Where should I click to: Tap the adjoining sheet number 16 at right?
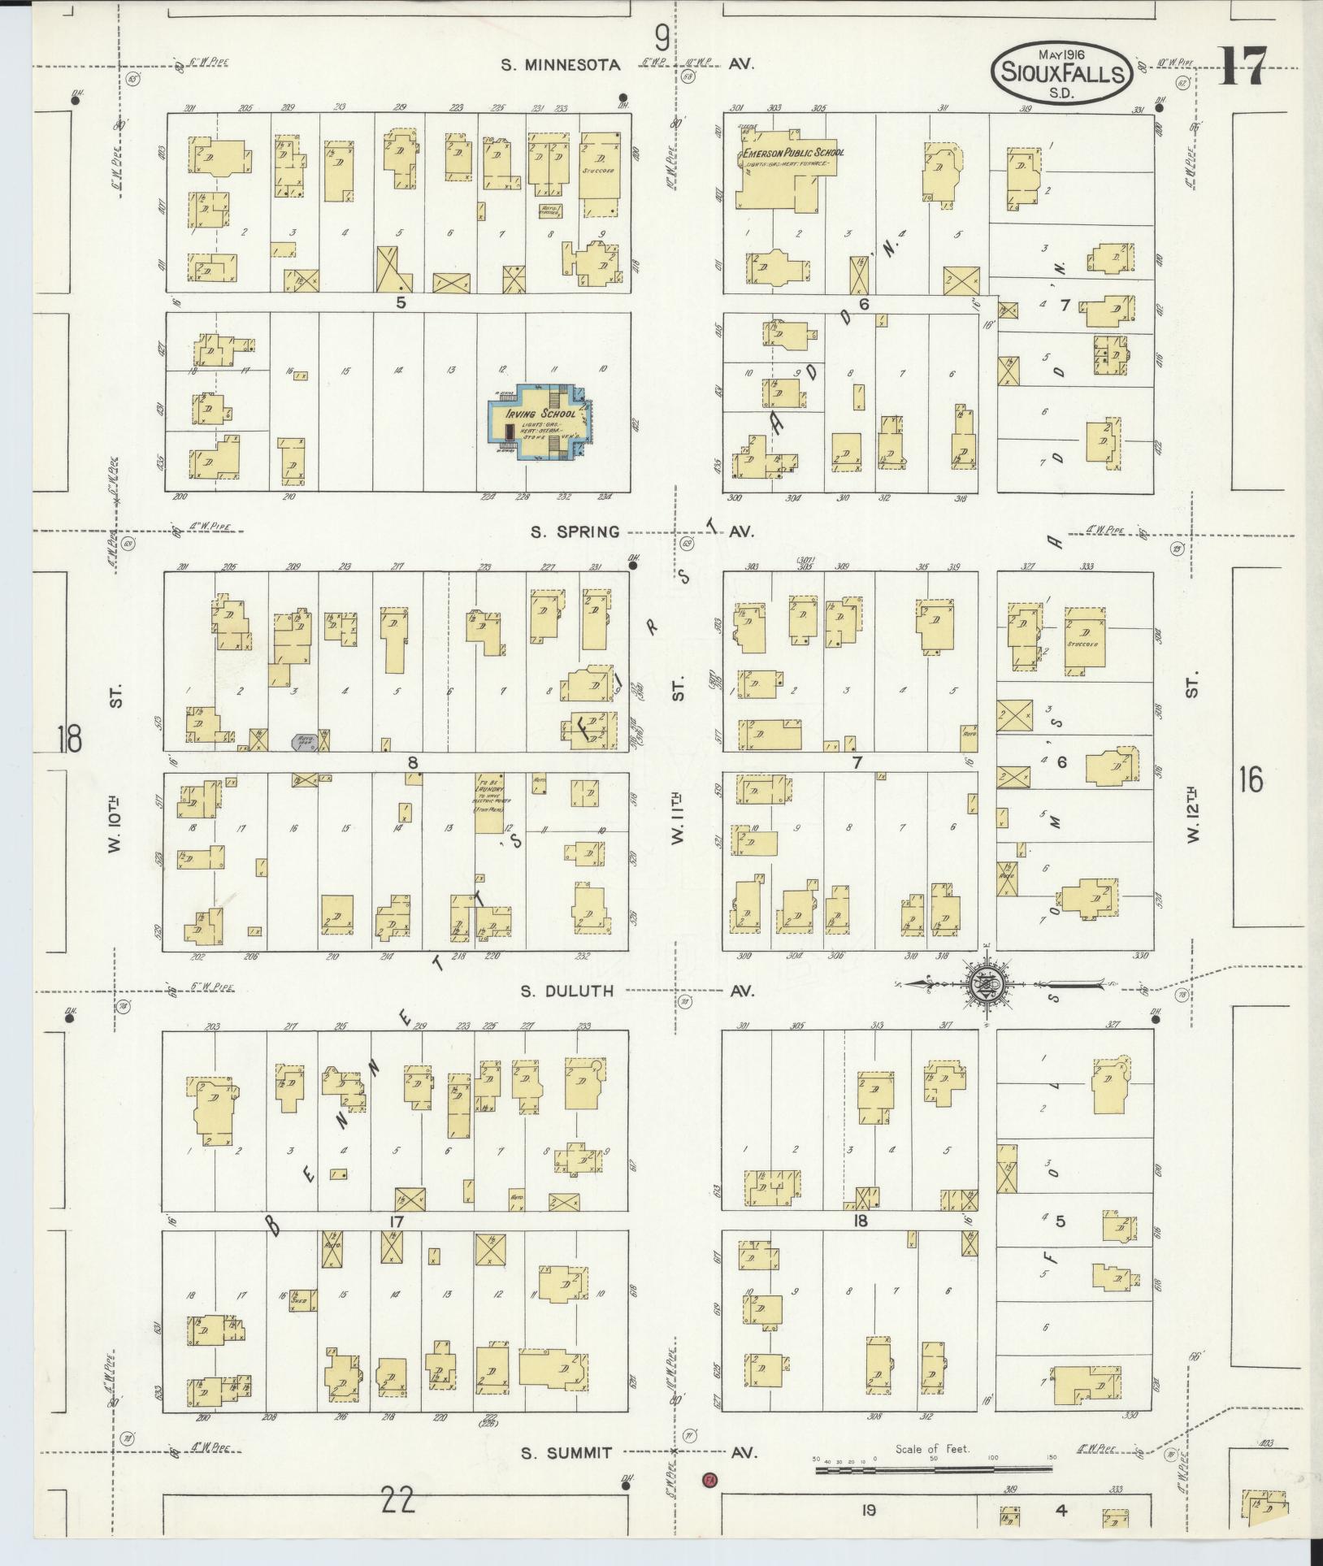pos(1251,780)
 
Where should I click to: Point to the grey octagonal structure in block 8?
pos(302,741)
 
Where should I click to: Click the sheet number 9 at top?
pos(663,37)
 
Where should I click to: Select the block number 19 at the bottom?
pos(869,1511)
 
